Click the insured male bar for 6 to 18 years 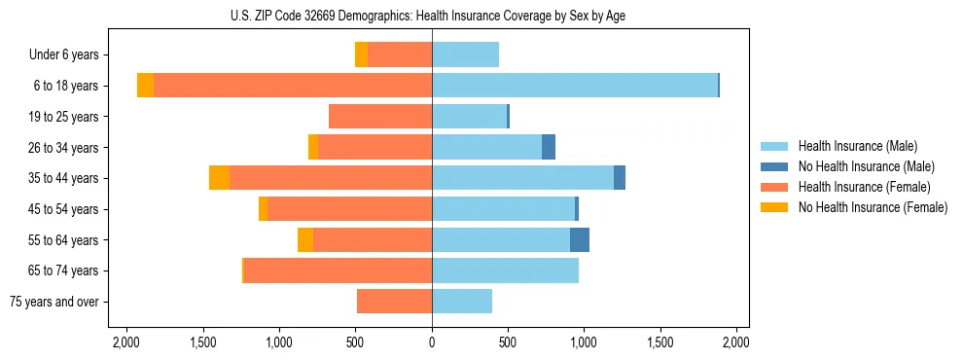tap(574, 86)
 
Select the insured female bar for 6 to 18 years tap(292, 86)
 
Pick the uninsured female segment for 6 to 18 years tap(145, 86)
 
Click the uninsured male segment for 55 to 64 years tap(580, 239)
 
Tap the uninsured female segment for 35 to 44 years tap(219, 178)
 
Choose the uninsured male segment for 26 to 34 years tap(549, 147)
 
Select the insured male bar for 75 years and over tap(462, 302)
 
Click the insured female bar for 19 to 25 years tap(380, 117)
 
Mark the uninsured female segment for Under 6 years tap(361, 55)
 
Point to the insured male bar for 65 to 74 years tap(505, 270)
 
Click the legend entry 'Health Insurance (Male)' tap(857, 146)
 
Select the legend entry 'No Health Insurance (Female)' tap(873, 207)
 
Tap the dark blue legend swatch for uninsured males tap(775, 166)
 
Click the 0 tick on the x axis tap(432, 342)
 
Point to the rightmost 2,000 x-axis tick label tap(736, 342)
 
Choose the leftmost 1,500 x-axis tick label tap(202, 342)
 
